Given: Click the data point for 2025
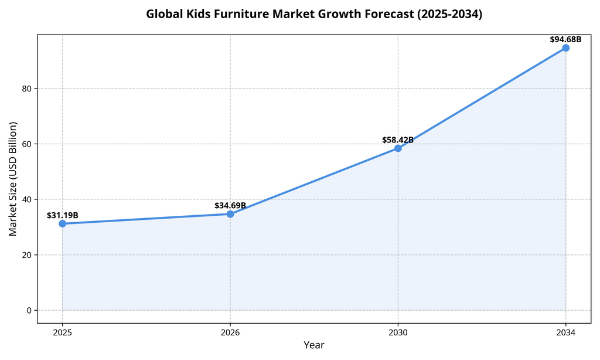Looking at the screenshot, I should click(63, 223).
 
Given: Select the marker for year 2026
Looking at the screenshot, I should click(230, 214).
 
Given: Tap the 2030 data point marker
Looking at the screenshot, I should click(398, 148).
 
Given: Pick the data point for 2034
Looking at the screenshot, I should click(565, 47).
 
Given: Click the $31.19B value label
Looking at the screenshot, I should click(63, 215).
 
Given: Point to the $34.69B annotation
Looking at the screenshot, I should click(230, 206).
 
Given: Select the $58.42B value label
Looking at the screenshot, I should click(398, 140).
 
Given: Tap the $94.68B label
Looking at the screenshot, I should click(565, 39).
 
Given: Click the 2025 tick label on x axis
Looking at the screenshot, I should click(63, 332).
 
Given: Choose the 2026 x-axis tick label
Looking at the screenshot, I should click(230, 332).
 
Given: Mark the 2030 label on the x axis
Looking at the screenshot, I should click(398, 332).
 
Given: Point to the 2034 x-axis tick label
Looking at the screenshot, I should click(565, 332).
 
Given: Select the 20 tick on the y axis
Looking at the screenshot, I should click(26, 255).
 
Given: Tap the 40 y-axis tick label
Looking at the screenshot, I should click(26, 199).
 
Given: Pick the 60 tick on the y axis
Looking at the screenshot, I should click(26, 144).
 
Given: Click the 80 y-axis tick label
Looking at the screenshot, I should click(26, 89).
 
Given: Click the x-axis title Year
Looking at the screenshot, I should click(314, 345).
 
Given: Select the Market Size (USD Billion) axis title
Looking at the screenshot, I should click(13, 179).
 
